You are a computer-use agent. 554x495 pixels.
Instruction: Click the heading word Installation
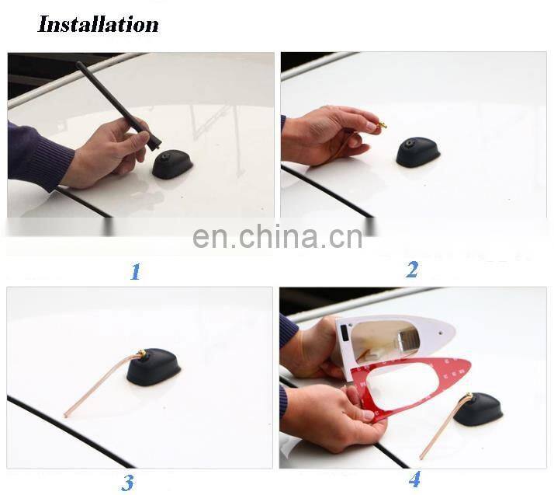pyautogui.click(x=98, y=24)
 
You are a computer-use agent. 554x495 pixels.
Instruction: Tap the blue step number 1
pyautogui.click(x=136, y=272)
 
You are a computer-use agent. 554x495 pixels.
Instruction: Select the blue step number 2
pyautogui.click(x=412, y=270)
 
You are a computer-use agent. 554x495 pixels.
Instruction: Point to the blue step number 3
pyautogui.click(x=128, y=483)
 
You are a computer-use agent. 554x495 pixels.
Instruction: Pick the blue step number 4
pyautogui.click(x=414, y=479)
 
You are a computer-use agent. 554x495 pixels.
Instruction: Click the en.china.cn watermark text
pyautogui.click(x=278, y=236)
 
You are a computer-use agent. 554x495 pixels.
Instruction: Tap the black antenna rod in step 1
pyautogui.click(x=119, y=105)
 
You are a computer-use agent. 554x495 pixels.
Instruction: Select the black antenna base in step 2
pyautogui.click(x=418, y=153)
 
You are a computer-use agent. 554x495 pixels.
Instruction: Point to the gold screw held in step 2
pyautogui.click(x=380, y=124)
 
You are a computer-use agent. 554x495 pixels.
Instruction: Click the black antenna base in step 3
pyautogui.click(x=154, y=367)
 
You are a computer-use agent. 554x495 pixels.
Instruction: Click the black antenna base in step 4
pyautogui.click(x=478, y=409)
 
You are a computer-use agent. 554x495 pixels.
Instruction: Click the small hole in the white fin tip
pyautogui.click(x=441, y=333)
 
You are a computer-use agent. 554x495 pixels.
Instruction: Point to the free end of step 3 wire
pyautogui.click(x=66, y=415)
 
